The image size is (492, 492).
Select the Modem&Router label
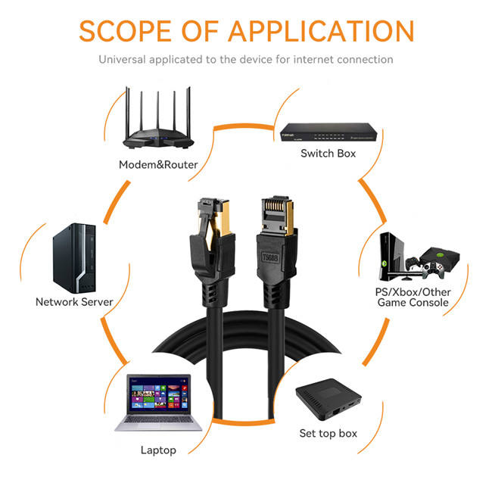tap(158, 164)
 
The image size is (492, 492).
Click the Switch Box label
tap(328, 153)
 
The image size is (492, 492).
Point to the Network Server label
tap(74, 301)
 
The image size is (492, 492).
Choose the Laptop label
tap(158, 450)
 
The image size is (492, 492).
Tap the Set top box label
tap(328, 433)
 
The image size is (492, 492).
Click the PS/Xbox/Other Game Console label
tap(413, 297)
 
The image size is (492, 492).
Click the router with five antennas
tap(160, 132)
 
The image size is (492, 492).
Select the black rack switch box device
tap(328, 134)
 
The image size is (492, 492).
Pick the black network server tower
tap(73, 258)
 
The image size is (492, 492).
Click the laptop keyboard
tap(158, 422)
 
